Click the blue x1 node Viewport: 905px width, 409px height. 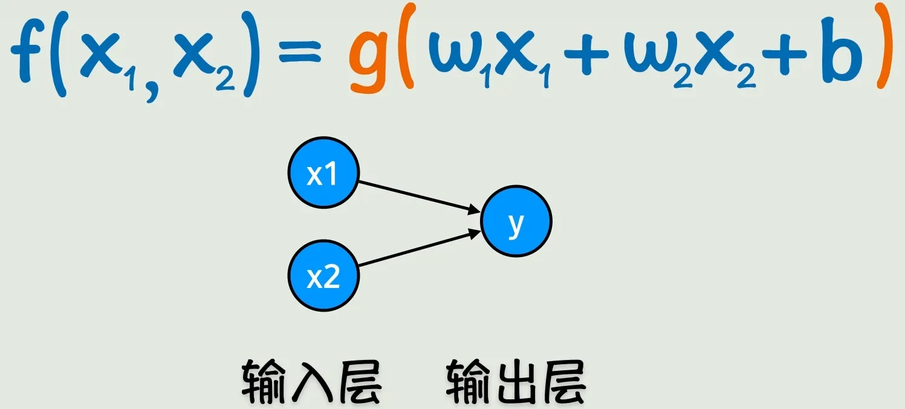(323, 172)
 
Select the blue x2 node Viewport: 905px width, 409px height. (323, 276)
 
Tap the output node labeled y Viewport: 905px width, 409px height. (516, 221)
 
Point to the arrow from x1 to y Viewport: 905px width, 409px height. (420, 197)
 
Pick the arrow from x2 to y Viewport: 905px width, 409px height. (420, 247)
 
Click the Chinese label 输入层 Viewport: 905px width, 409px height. (311, 382)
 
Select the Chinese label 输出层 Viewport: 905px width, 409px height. (516, 382)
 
